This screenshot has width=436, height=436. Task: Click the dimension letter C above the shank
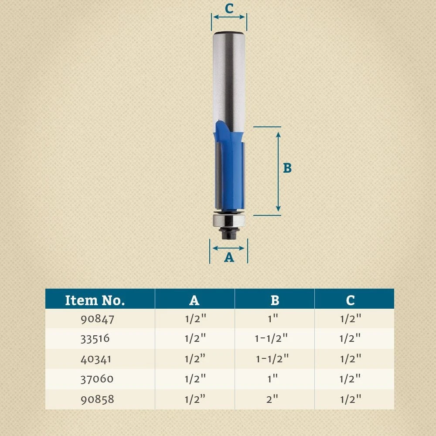229,8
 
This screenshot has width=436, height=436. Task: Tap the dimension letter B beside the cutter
287,168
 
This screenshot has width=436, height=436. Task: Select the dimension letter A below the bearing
229,258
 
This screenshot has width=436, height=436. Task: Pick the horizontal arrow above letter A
229,248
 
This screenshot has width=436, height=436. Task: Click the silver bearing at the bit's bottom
229,220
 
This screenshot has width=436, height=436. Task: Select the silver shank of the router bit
229,78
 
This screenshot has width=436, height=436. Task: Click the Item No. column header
95,300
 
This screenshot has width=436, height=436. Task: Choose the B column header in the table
275,300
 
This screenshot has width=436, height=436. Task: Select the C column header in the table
350,300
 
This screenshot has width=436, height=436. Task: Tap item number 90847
97,319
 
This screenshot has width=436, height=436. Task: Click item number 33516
95,338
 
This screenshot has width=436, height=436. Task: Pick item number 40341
96,359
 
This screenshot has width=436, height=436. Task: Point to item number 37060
97,379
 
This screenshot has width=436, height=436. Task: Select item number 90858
97,399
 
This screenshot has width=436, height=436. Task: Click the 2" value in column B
272,399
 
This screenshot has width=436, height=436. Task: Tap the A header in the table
194,300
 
